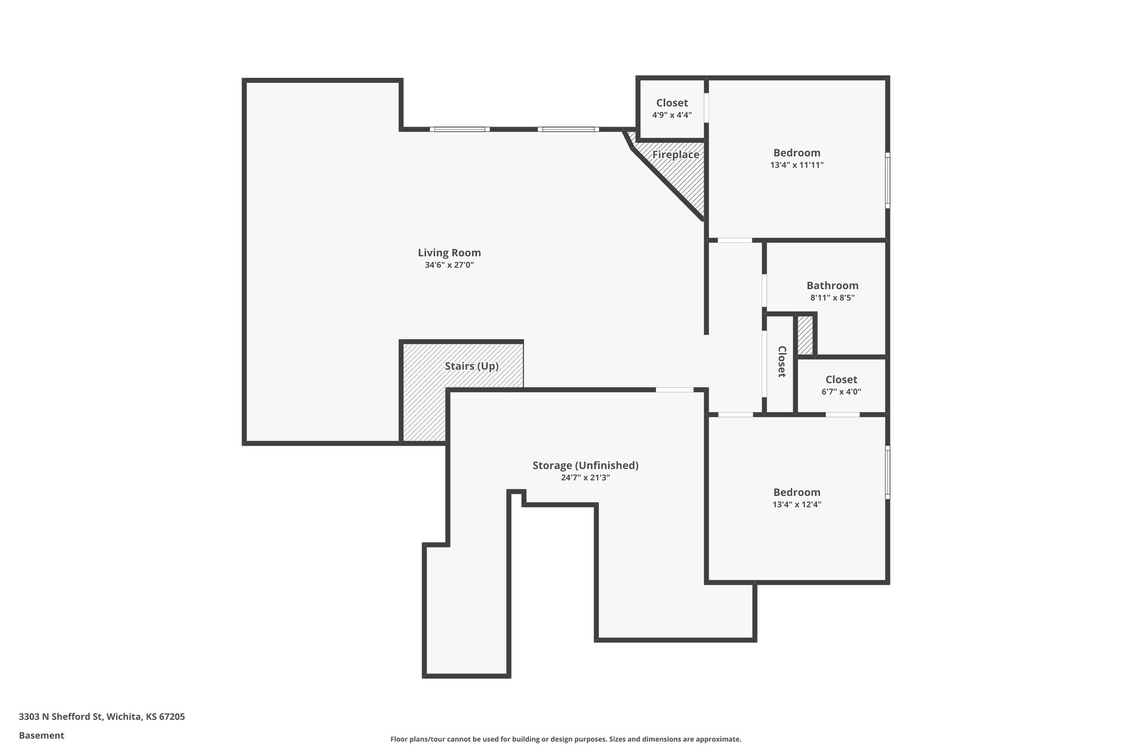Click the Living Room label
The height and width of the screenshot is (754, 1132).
tap(449, 253)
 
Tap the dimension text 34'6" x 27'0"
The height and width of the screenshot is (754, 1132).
tap(449, 265)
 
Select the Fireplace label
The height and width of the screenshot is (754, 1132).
tap(675, 155)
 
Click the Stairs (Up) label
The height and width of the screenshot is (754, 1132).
tap(471, 366)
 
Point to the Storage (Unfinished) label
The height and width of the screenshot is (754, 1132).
tap(585, 465)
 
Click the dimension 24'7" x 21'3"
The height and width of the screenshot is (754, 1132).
tap(585, 478)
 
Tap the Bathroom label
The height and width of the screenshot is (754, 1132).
tap(832, 286)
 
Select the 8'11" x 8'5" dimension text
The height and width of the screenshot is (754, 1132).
tap(832, 298)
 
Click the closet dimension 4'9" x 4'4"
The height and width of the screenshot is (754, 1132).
tap(672, 115)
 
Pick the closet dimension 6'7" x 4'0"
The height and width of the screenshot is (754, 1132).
tap(841, 392)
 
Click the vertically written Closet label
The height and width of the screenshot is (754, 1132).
tap(782, 362)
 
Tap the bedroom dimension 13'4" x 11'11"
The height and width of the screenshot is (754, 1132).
tap(796, 165)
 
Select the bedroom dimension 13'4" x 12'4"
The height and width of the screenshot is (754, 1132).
tap(796, 504)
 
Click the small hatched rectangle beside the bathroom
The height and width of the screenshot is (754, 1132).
tap(805, 335)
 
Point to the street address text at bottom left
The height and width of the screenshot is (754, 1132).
tap(102, 717)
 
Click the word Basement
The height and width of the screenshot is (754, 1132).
tap(41, 735)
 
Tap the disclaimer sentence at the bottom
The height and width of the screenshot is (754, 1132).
tap(565, 739)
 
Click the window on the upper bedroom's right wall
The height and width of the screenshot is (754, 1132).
tap(887, 180)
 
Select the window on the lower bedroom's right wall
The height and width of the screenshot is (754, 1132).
tap(887, 472)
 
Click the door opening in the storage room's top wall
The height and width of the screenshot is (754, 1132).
tap(674, 390)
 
